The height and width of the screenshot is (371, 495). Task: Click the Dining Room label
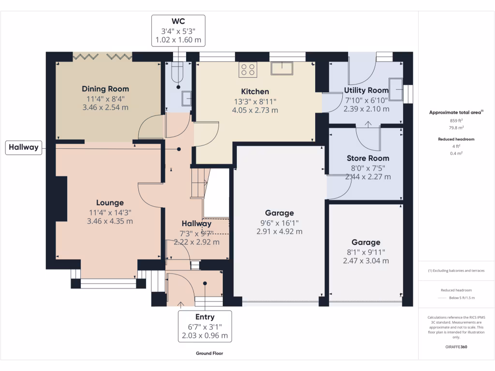105,89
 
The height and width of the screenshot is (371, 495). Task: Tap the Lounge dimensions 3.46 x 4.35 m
110,221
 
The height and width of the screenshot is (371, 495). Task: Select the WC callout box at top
178,31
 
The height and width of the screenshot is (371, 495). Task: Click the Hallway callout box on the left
23,147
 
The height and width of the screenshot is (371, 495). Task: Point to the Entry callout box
204,326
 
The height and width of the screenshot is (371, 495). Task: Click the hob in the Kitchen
248,70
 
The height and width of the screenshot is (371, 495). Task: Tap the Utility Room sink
395,89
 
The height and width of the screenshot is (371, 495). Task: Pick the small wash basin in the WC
187,99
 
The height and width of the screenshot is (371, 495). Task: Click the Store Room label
367,158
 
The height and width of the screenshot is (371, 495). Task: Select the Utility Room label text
366,90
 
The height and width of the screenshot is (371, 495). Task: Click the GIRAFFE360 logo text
456,347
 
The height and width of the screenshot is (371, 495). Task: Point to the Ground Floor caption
209,353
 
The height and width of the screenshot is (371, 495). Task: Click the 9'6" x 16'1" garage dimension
279,222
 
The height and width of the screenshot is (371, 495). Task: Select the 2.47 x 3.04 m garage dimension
365,261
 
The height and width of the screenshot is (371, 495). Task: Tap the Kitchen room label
255,91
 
